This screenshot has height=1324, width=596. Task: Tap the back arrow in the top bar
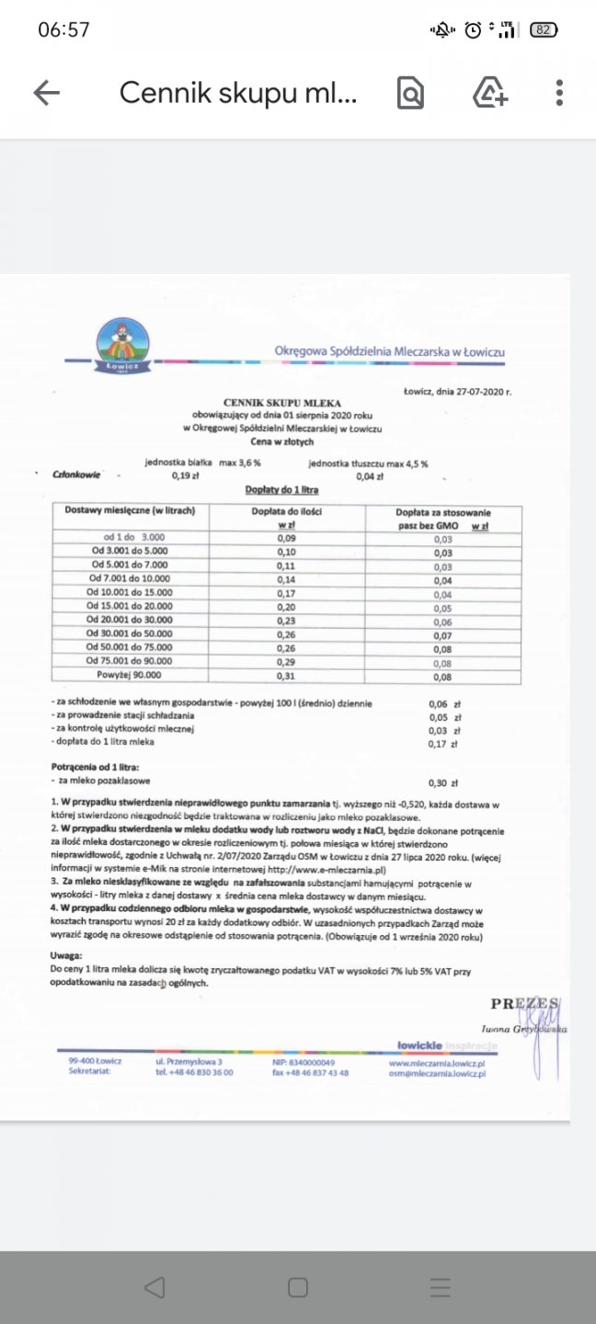coord(46,92)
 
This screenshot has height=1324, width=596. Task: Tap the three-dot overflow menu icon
coord(559,92)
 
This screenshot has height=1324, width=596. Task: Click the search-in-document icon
coord(410,92)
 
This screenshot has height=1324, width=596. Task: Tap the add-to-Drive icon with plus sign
coord(489,92)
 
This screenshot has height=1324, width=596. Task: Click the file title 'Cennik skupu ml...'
coord(237,92)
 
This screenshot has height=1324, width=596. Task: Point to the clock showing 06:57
coord(63,29)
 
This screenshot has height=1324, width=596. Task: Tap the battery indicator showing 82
coord(544,29)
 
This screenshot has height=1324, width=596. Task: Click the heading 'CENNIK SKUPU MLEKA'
coord(282,403)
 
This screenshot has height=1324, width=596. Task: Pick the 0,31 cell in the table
coord(288,675)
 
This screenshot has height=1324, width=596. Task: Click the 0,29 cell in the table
coord(288,661)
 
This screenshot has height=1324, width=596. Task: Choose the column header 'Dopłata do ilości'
coord(288,510)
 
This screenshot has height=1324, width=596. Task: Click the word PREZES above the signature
coord(523,1003)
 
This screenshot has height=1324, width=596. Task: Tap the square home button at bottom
coord(298,1287)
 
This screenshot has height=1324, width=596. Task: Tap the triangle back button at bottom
coord(155,1287)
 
